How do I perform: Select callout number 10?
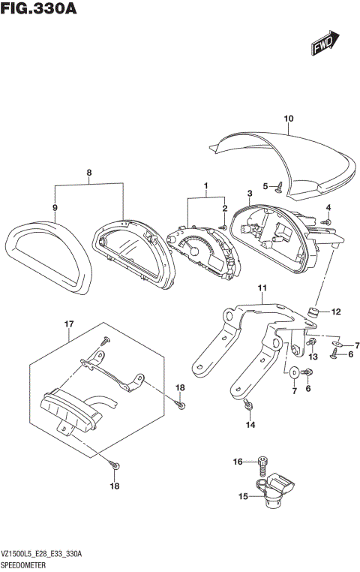click(289, 119)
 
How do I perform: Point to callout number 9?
click(55, 206)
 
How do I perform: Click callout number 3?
click(249, 194)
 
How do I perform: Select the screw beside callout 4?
click(326, 221)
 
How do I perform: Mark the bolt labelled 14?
click(248, 406)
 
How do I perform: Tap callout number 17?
click(68, 324)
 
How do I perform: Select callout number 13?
click(313, 356)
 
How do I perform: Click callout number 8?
click(89, 173)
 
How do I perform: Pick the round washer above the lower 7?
click(294, 371)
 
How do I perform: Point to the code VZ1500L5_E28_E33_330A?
click(42, 553)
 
